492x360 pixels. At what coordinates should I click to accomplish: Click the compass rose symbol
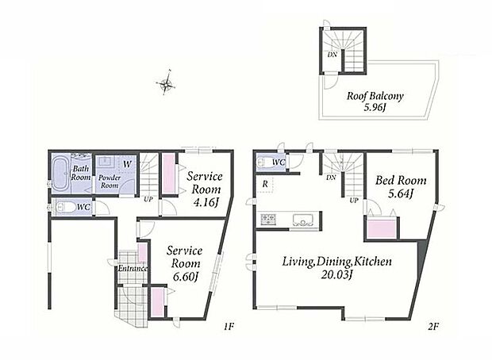pyautogui.click(x=165, y=83)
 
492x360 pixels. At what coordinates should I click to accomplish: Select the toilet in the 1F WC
pyautogui.click(x=64, y=207)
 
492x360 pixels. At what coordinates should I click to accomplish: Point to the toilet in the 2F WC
pyautogui.click(x=262, y=163)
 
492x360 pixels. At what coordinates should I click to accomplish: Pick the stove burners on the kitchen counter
pyautogui.click(x=267, y=219)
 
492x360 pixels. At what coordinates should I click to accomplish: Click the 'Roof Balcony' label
pyautogui.click(x=375, y=96)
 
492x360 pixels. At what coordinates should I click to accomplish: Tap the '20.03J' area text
pyautogui.click(x=336, y=275)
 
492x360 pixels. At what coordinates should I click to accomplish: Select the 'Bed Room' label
pyautogui.click(x=401, y=180)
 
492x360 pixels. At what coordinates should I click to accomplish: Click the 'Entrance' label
pyautogui.click(x=133, y=269)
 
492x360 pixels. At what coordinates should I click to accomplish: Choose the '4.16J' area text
pyautogui.click(x=206, y=202)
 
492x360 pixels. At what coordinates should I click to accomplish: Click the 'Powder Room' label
pyautogui.click(x=110, y=182)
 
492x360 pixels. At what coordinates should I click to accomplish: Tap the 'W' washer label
pyautogui.click(x=127, y=164)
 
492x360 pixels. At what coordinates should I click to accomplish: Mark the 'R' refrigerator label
pyautogui.click(x=265, y=184)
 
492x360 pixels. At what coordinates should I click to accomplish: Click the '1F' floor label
pyautogui.click(x=229, y=327)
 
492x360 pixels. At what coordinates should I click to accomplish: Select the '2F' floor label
pyautogui.click(x=432, y=327)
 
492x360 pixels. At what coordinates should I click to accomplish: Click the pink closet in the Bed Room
pyautogui.click(x=381, y=229)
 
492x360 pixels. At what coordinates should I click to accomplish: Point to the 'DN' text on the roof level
pyautogui.click(x=332, y=55)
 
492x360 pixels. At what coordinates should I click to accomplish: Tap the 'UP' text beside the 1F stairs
pyautogui.click(x=148, y=199)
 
